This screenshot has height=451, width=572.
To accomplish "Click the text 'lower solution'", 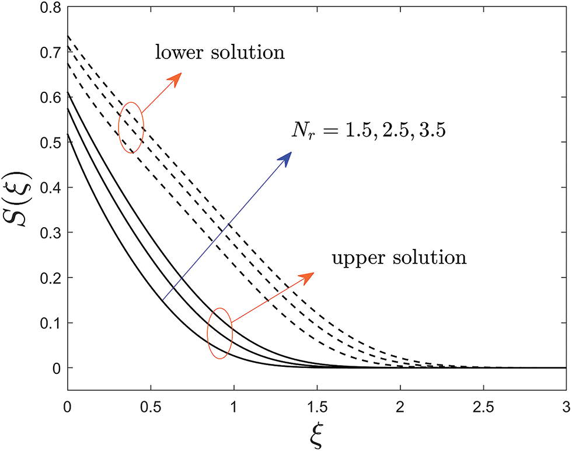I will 219,53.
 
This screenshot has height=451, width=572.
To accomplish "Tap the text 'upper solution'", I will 399,257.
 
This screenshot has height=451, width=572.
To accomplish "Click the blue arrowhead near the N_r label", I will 286,157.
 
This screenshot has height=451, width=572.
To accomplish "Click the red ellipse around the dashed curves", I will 131,127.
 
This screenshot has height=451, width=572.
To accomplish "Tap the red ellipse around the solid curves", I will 220,333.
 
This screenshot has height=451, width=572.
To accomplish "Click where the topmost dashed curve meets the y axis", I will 68,36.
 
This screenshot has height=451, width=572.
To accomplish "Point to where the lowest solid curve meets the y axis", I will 68,134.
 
